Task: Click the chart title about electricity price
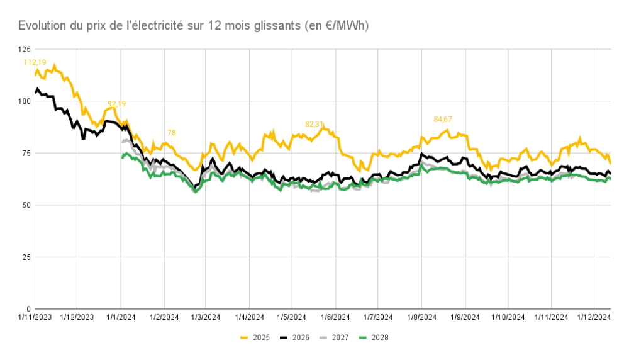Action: point(193,25)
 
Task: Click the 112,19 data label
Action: point(35,62)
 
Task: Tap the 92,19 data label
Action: point(117,104)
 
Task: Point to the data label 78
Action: point(172,132)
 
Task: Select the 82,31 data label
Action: point(314,124)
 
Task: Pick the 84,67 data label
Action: point(443,119)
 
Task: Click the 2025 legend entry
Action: point(255,337)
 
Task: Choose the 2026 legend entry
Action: point(295,337)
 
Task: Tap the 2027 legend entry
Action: point(334,337)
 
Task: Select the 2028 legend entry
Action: point(374,337)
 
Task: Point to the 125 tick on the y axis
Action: point(25,49)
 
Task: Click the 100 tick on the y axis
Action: point(25,101)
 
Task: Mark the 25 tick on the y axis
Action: point(26,257)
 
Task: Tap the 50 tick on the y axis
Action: point(26,205)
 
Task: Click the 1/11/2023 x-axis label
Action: point(35,317)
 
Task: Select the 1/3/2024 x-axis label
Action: point(206,317)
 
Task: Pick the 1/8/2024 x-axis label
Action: point(421,317)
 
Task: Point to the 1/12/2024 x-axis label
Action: point(594,317)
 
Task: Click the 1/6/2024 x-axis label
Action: point(335,317)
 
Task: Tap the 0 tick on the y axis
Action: point(29,309)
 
